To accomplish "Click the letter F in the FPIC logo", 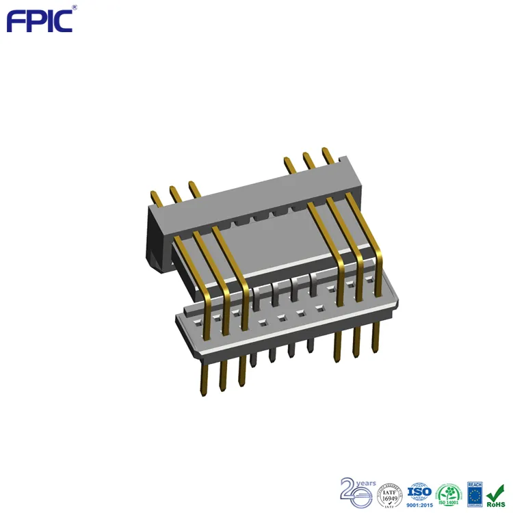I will [14, 21].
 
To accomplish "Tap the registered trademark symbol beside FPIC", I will [75, 8].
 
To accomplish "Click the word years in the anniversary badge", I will [366, 484].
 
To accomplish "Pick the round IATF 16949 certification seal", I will [390, 494].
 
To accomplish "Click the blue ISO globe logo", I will [419, 490].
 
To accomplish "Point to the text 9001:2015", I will [419, 505].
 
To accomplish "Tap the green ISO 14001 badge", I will [449, 494].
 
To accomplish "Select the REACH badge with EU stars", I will [475, 493].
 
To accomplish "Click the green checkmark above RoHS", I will [496, 491].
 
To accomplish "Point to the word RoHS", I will [496, 505].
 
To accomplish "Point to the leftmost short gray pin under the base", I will [254, 360].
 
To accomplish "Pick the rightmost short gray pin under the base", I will [311, 345].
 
